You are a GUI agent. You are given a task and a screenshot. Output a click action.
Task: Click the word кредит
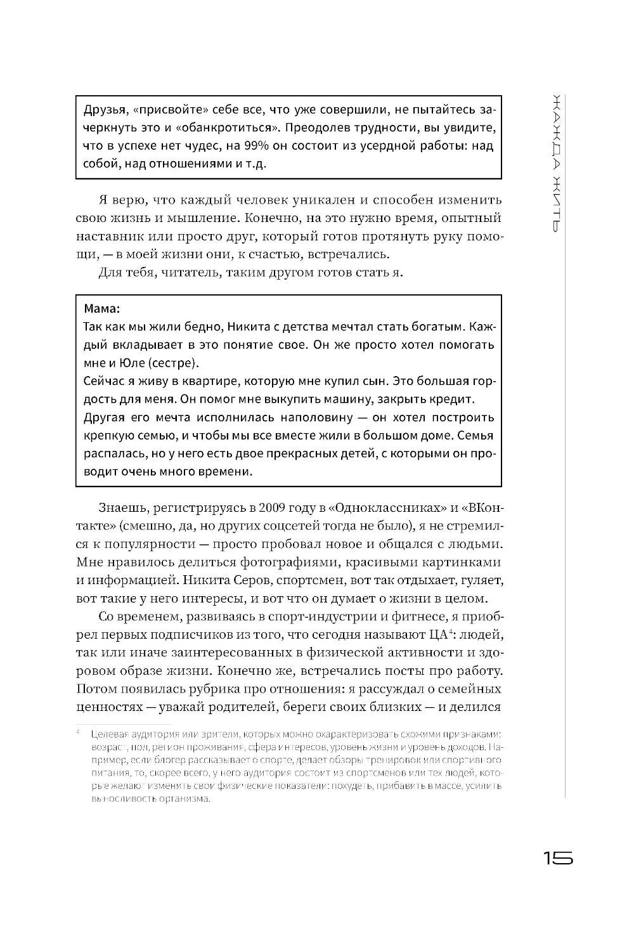[455, 400]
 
